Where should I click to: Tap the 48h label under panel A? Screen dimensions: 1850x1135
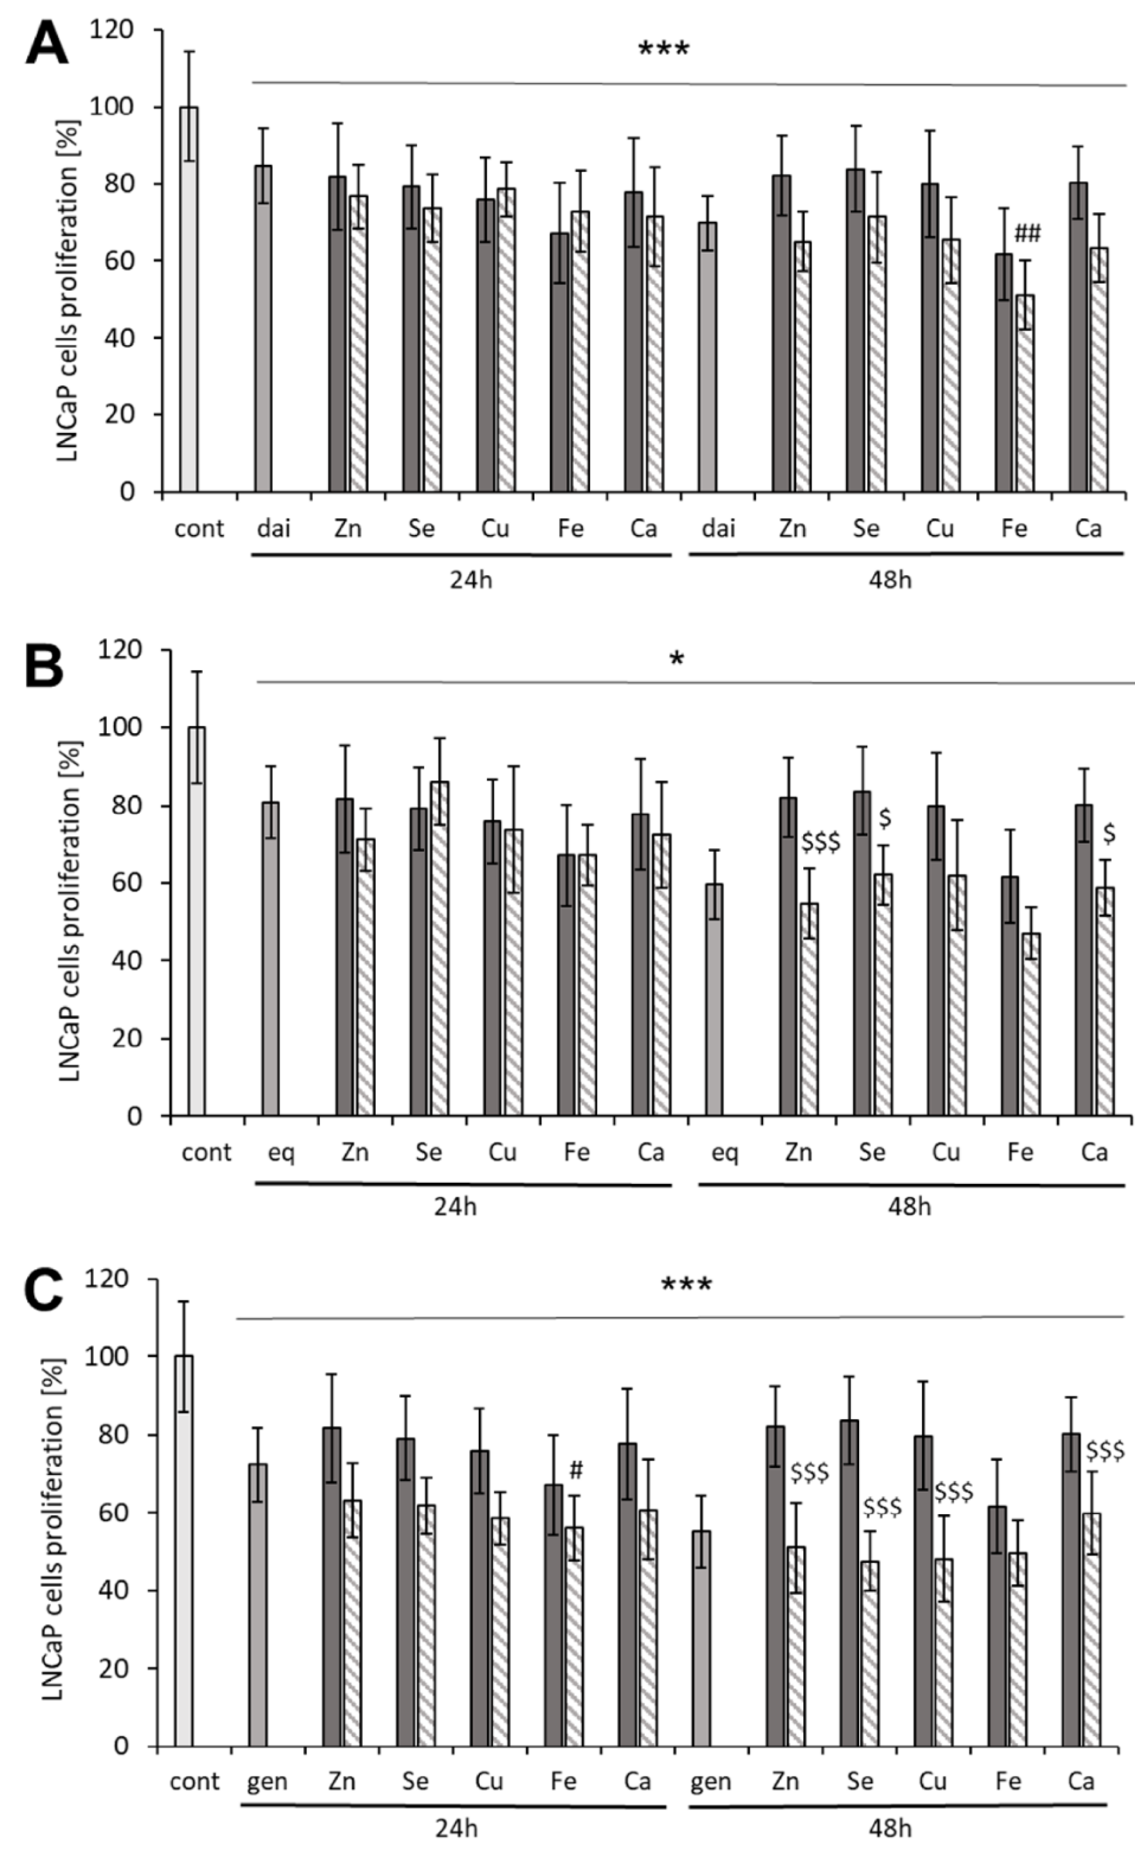click(x=890, y=580)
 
